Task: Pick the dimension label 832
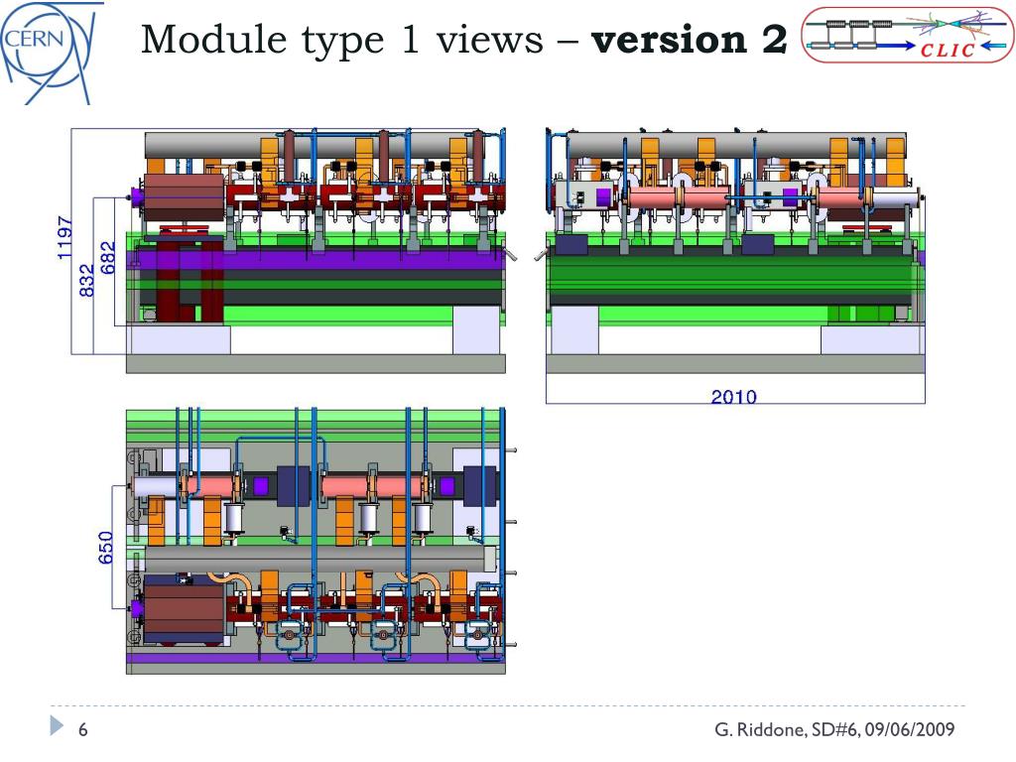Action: point(86,280)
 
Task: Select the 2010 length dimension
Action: point(733,397)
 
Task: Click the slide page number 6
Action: point(83,730)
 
